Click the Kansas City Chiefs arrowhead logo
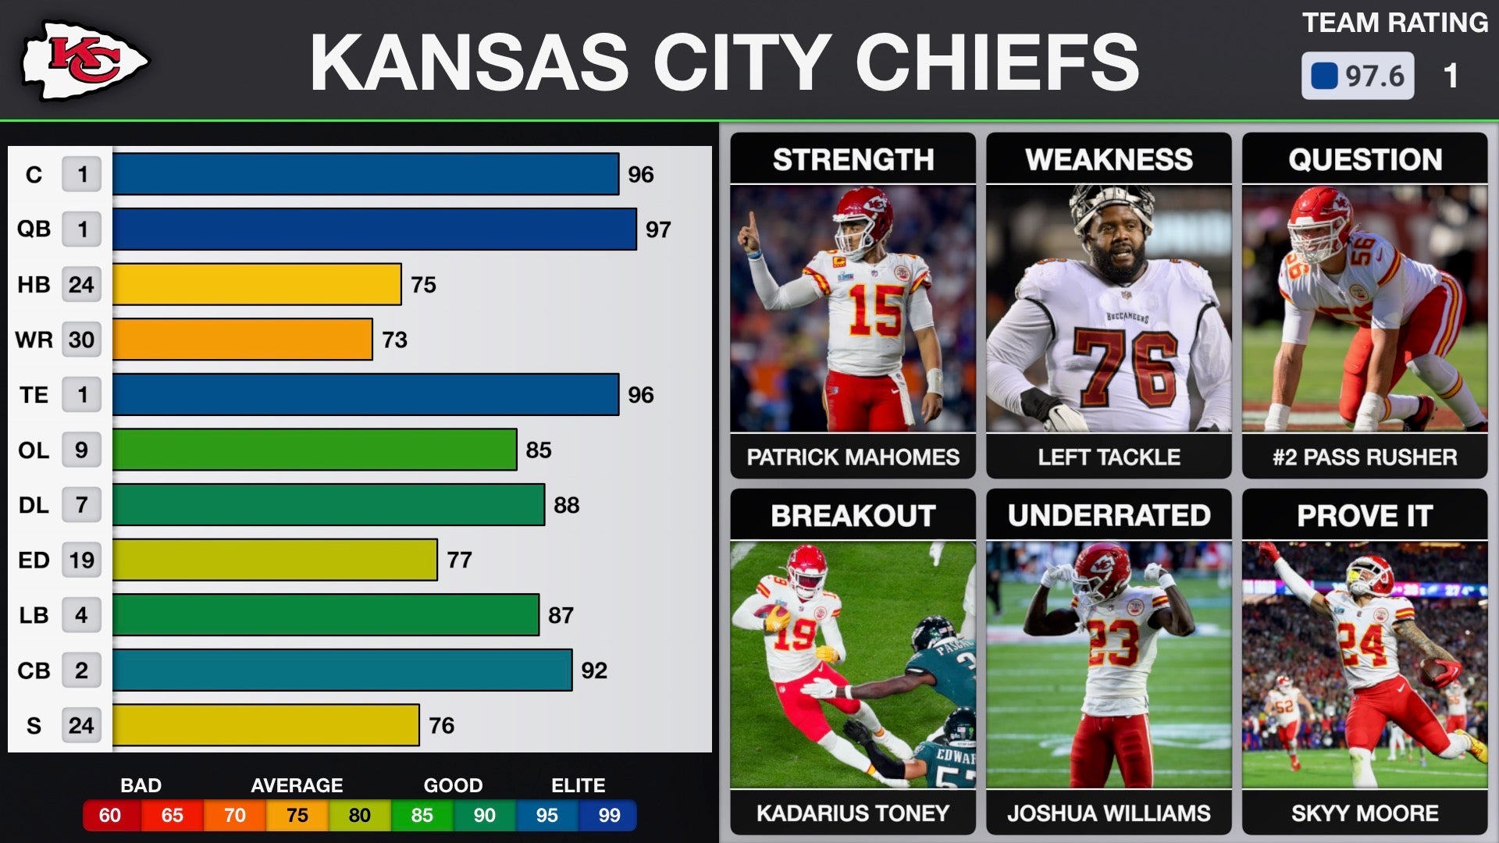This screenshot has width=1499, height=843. (84, 61)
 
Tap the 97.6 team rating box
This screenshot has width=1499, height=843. (1357, 76)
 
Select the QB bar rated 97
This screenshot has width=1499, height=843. (374, 229)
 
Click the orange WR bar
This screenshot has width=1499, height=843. (242, 340)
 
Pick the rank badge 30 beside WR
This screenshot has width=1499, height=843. (81, 340)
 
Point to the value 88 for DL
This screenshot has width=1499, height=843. (566, 505)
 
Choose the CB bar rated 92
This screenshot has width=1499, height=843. (342, 670)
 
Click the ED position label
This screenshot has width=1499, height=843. (34, 560)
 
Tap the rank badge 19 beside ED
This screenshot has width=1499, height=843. (81, 560)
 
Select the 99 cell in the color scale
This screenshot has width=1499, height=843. (609, 816)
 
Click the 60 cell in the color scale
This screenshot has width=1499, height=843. (110, 816)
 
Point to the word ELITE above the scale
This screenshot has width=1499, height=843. (578, 785)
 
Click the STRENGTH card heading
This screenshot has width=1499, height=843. (853, 159)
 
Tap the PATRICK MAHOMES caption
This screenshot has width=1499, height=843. (853, 457)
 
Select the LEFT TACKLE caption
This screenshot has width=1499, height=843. (1109, 457)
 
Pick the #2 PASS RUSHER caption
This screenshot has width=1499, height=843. (1365, 457)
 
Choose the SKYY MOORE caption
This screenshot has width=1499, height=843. (1365, 813)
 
